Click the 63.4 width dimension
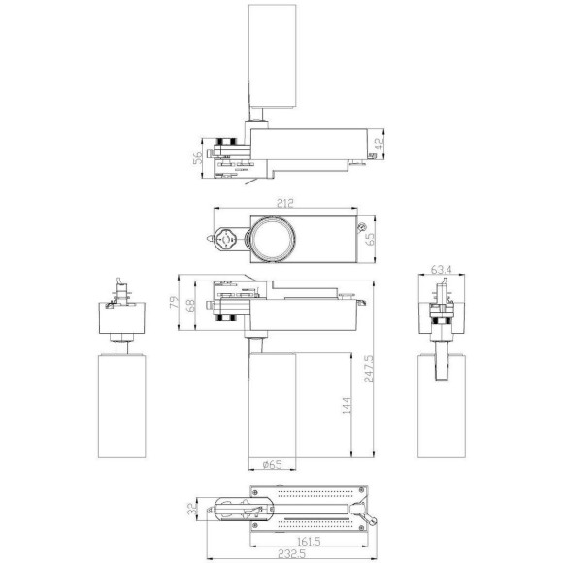[443, 271]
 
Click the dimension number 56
[197, 158]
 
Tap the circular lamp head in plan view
[273, 238]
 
